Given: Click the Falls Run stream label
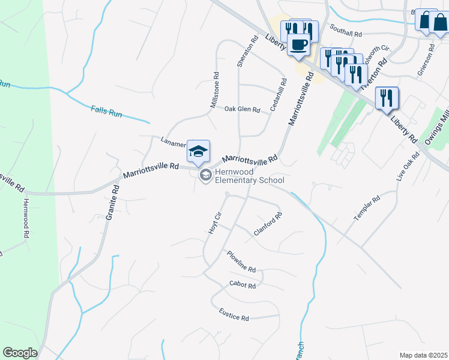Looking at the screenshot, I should tap(106, 110).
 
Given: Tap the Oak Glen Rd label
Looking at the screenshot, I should tap(242, 110).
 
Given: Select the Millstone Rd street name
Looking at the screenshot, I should tap(215, 91).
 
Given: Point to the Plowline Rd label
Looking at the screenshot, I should tap(241, 261).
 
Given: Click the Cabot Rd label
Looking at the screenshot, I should tap(243, 286).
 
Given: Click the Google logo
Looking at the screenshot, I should tap(20, 353).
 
